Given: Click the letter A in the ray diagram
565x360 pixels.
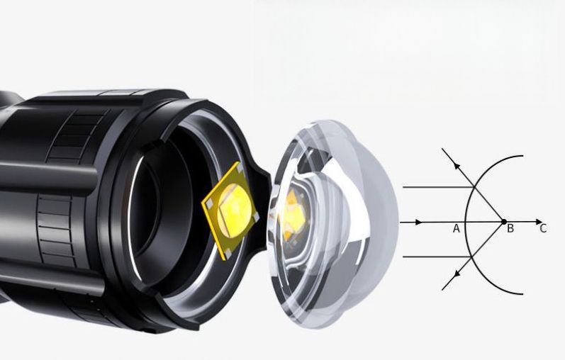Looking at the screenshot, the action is coord(456,228).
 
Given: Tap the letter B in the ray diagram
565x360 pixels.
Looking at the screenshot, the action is coord(510,228).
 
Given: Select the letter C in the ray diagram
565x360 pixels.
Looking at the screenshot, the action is coord(543,228).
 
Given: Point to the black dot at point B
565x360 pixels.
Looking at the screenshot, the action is coord(504,222).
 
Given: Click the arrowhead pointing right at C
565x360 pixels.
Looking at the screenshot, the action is coord(539,222).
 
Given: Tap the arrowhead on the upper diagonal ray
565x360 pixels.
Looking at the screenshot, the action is coord(457,165).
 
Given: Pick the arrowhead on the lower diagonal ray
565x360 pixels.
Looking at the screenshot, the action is coord(457,274).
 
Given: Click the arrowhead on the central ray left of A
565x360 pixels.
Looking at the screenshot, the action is coord(419,222).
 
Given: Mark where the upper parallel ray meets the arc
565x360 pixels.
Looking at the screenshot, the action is coord(474,187).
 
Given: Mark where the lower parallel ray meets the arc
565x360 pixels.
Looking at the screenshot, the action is coord(471,257).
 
